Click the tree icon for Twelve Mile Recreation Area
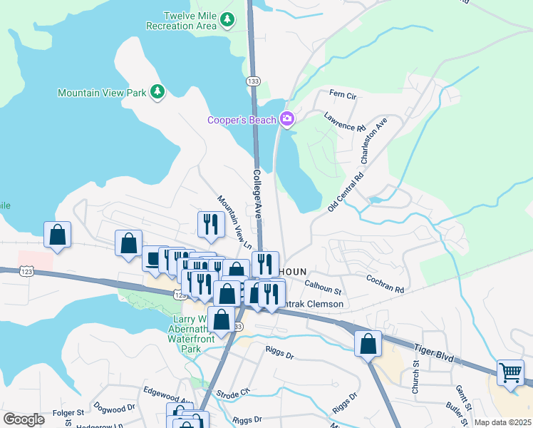click(227, 20)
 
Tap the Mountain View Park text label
click(101, 93)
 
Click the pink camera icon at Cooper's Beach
click(287, 119)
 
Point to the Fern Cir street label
click(342, 95)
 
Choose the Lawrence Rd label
click(343, 121)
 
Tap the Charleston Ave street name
click(374, 141)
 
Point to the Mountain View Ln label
click(235, 222)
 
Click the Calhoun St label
click(324, 287)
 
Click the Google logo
click(24, 419)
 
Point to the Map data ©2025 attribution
click(502, 422)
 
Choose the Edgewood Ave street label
click(167, 391)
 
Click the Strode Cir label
click(234, 392)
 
